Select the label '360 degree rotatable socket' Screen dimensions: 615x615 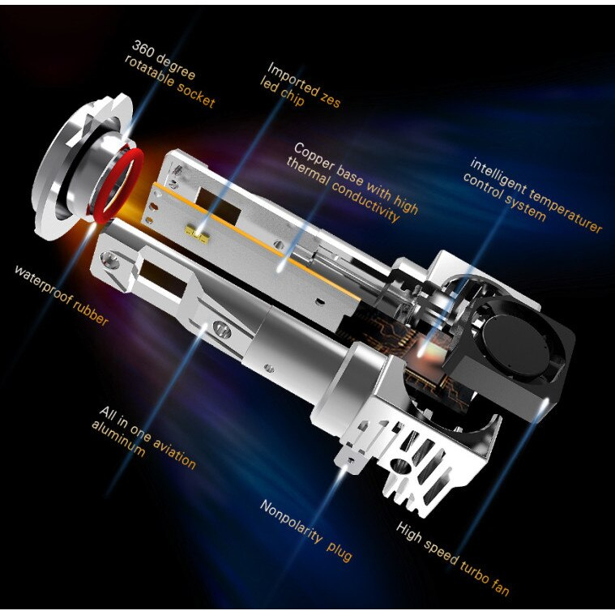(169, 74)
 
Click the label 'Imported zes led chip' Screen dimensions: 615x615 (301, 85)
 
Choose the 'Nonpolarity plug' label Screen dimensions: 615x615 (306, 529)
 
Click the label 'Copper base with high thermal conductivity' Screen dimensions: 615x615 (352, 182)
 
